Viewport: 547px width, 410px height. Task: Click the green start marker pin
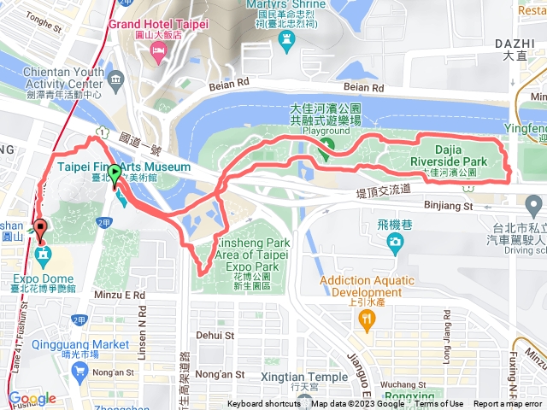click(x=115, y=173)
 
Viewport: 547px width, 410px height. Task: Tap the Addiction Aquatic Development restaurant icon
click(x=368, y=322)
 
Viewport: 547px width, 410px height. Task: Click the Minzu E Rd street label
click(x=122, y=294)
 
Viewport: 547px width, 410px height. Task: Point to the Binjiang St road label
click(x=449, y=206)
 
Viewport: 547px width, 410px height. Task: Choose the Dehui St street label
click(x=213, y=336)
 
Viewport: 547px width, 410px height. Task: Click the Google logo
click(x=32, y=399)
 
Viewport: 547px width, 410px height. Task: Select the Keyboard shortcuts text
click(x=264, y=404)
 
